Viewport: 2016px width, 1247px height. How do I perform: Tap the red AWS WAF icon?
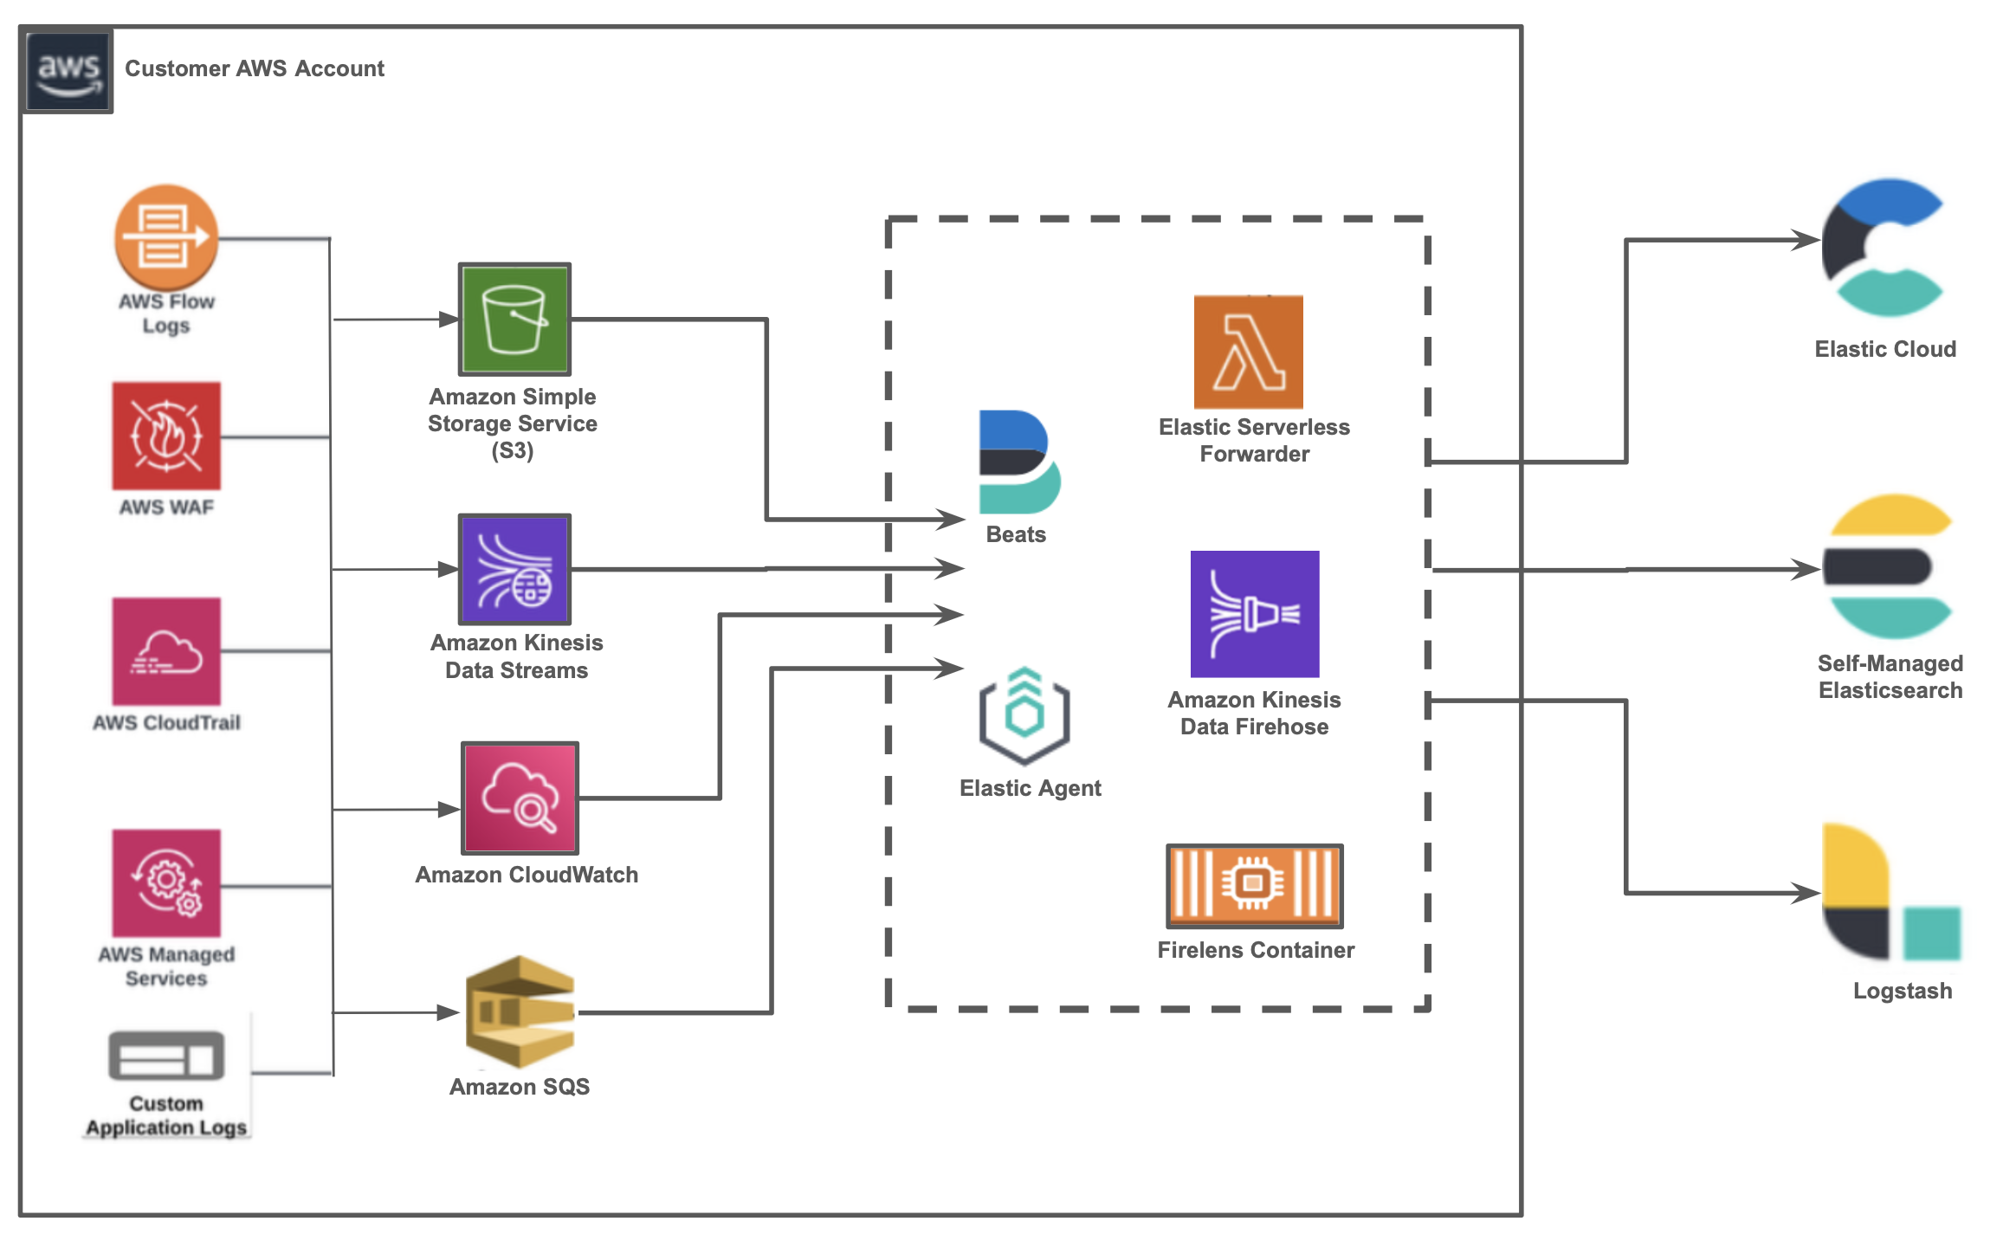click(x=166, y=436)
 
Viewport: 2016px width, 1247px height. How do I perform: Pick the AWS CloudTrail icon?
click(x=166, y=651)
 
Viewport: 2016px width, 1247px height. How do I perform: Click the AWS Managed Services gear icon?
click(x=166, y=882)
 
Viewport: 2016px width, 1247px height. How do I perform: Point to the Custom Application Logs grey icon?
click(x=166, y=1055)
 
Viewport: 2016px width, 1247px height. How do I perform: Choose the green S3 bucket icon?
click(x=514, y=320)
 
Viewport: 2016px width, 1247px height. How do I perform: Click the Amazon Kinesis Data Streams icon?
click(x=514, y=569)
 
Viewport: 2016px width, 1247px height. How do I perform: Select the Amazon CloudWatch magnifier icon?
click(x=520, y=798)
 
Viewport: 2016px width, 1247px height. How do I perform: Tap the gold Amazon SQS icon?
click(x=520, y=1011)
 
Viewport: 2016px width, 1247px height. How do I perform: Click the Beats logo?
click(x=1018, y=462)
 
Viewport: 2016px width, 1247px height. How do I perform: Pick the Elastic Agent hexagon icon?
click(x=1024, y=715)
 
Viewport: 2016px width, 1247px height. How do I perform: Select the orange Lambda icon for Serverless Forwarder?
click(x=1248, y=352)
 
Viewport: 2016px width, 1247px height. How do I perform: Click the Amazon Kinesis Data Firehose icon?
click(x=1255, y=614)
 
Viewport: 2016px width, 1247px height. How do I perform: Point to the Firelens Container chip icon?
click(x=1254, y=885)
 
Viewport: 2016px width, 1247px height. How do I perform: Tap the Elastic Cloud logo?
click(x=1884, y=248)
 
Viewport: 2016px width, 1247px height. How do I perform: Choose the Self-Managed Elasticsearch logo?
click(x=1889, y=566)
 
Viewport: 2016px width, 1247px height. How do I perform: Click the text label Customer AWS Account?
click(x=254, y=68)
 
